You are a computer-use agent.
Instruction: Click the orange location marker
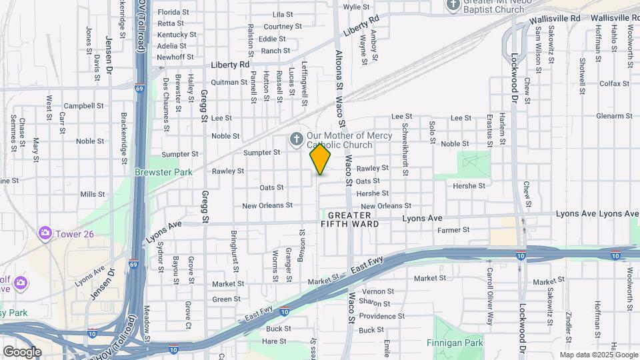[320, 159]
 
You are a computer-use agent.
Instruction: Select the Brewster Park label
[163, 172]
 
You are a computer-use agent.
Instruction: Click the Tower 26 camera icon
[45, 233]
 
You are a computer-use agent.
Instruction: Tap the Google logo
[22, 351]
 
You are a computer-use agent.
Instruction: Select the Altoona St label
[339, 79]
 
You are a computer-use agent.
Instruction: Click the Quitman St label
[229, 82]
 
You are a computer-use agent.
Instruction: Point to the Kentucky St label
[177, 35]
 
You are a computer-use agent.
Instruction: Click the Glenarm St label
[613, 115]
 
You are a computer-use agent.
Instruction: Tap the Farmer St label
[454, 230]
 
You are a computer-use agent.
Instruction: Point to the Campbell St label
[84, 106]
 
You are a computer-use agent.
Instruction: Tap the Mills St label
[88, 194]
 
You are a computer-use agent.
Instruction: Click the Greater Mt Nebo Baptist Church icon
[453, 5]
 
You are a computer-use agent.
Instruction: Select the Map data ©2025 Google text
[599, 355]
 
